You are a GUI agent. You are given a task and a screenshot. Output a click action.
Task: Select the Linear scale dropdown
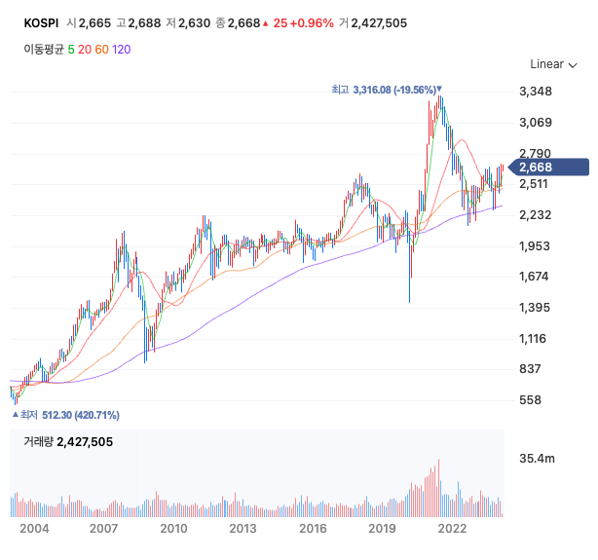click(x=552, y=64)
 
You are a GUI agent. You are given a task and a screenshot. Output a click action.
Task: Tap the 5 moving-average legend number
click(x=71, y=48)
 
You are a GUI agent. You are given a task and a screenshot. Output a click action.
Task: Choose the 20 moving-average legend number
click(x=85, y=48)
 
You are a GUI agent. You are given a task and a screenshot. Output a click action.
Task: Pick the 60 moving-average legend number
click(x=101, y=48)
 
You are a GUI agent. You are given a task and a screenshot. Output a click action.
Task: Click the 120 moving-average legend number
click(x=122, y=48)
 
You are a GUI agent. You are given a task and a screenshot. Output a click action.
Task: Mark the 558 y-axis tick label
click(x=530, y=400)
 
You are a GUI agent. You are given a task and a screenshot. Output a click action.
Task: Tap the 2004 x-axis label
click(x=34, y=529)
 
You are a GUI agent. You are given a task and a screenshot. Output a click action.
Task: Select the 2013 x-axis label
click(x=243, y=529)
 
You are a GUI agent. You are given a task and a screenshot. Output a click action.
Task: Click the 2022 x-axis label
click(x=452, y=529)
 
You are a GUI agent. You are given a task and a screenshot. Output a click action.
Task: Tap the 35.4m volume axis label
click(x=537, y=458)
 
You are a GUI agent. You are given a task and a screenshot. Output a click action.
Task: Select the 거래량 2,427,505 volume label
click(x=68, y=442)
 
